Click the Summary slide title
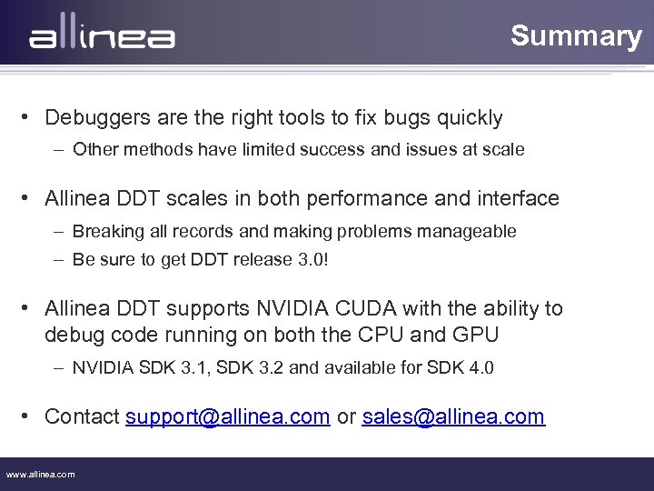pyautogui.click(x=576, y=35)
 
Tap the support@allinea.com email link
pyautogui.click(x=227, y=416)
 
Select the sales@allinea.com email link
pyautogui.click(x=453, y=416)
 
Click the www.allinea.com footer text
pyautogui.click(x=41, y=474)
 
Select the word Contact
pyautogui.click(x=82, y=416)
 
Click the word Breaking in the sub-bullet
pyautogui.click(x=104, y=231)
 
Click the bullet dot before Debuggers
pyautogui.click(x=29, y=118)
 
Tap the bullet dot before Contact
pyautogui.click(x=29, y=417)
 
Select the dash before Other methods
pyautogui.click(x=58, y=149)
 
